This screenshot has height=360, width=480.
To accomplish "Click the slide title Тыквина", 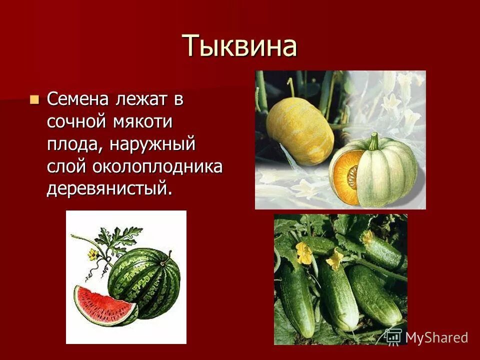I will click(239, 46).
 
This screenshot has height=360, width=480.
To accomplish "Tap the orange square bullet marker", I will click(34, 98).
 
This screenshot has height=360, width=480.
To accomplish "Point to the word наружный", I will click(152, 144).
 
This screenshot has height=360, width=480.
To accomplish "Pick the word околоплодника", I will click(156, 166).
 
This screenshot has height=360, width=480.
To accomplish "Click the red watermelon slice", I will click(104, 303).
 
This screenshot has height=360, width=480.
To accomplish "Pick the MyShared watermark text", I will click(436, 337).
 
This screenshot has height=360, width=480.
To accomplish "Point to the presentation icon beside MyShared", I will click(393, 336).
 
